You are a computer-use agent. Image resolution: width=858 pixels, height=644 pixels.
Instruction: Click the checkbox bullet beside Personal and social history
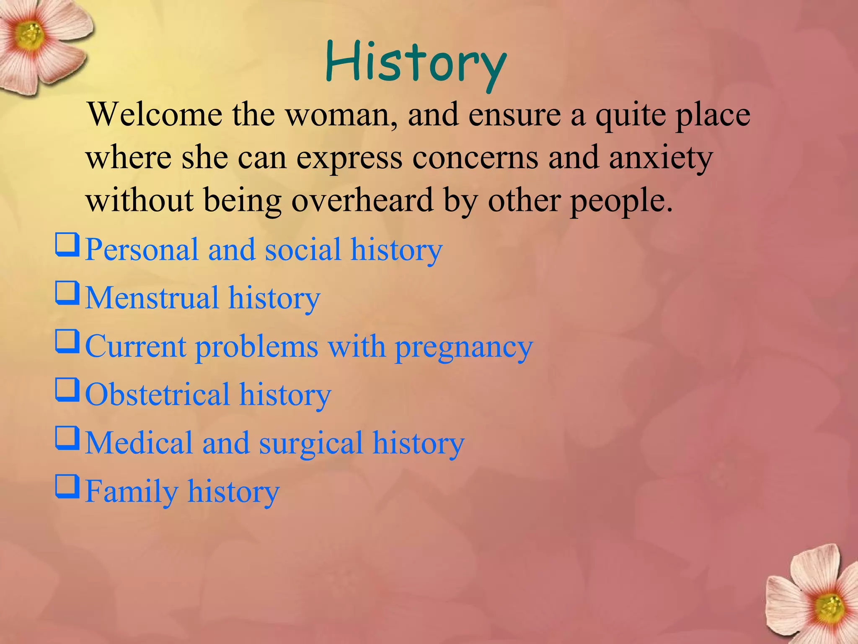[67, 245]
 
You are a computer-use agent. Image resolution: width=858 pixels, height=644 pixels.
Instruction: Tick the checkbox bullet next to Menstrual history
[67, 293]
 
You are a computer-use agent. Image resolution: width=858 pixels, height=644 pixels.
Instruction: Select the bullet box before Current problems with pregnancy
[67, 342]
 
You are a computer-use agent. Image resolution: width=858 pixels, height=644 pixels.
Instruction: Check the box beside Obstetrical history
[67, 390]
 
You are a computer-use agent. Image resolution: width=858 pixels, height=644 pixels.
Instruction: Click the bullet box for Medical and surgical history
[67, 439]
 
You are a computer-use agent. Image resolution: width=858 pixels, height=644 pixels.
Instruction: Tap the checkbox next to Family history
[67, 487]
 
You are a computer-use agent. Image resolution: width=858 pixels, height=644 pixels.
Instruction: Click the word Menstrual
[152, 298]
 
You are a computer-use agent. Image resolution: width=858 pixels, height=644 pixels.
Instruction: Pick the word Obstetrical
[157, 395]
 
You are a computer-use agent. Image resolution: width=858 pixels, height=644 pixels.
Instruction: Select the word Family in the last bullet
[132, 491]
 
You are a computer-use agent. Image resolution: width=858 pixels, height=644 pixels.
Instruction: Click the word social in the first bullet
[302, 249]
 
